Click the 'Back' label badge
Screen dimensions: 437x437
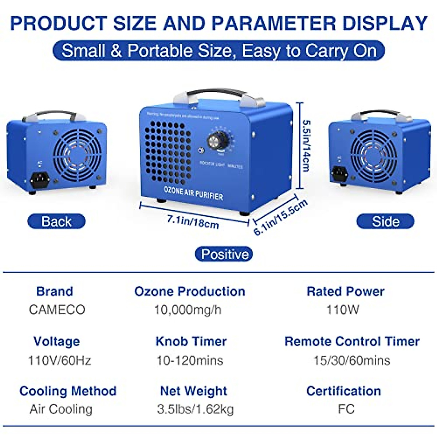(56, 221)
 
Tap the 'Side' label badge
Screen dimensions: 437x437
(385, 221)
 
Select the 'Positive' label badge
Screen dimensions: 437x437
(224, 254)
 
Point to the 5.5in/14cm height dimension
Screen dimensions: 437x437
(305, 146)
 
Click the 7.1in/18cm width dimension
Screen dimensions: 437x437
(193, 221)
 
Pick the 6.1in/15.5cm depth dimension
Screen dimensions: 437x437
(280, 217)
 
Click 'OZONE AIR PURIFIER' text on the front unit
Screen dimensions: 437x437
(193, 193)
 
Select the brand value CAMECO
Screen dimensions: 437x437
(57, 310)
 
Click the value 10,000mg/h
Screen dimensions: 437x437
(188, 310)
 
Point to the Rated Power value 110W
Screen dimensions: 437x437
(343, 310)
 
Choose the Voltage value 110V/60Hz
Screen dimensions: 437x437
(59, 361)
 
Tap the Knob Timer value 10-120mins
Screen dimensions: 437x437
(190, 361)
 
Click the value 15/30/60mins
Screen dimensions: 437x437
(352, 361)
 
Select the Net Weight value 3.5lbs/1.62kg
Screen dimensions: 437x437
(195, 409)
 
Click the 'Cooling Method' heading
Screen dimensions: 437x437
(68, 391)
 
